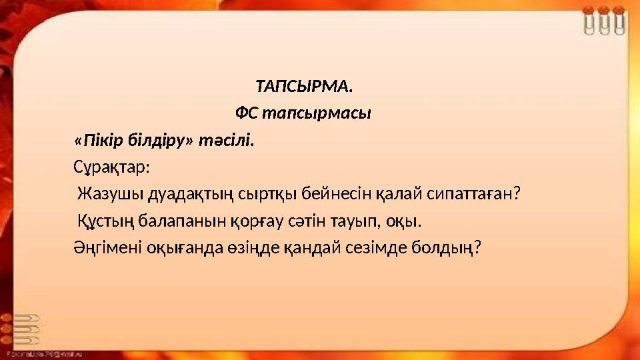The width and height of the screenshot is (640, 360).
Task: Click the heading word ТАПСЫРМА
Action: pos(304,87)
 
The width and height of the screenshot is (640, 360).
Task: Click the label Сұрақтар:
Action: pos(111,167)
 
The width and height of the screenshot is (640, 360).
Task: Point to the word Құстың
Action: pos(100,221)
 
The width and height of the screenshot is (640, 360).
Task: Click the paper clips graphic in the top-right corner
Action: pos(603,20)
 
